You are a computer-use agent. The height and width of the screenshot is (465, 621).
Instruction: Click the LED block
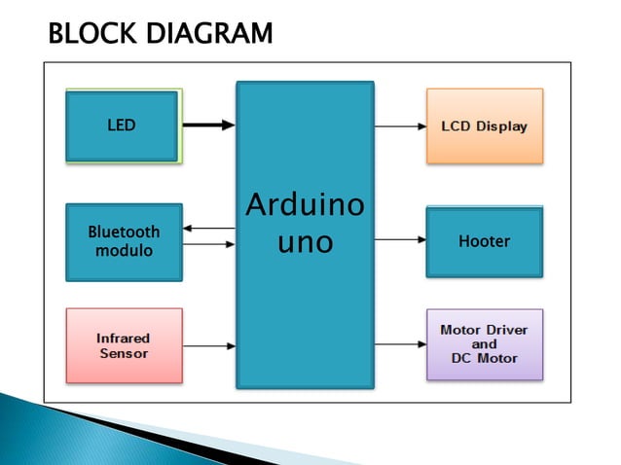[x=123, y=125]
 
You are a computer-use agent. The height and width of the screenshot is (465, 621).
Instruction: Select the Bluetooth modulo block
[x=124, y=241]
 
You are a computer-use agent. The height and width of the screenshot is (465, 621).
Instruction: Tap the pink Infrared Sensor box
[x=124, y=345]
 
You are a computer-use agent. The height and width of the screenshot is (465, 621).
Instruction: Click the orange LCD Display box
[x=484, y=125]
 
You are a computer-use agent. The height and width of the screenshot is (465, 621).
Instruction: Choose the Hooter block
[x=484, y=241]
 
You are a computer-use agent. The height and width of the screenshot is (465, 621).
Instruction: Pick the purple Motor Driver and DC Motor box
[x=484, y=344]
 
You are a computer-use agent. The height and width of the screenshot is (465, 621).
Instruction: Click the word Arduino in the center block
[x=305, y=206]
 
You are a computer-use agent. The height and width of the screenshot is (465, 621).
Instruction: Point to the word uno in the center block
[x=305, y=241]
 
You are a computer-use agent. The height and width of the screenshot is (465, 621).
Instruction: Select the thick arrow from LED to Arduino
[x=208, y=125]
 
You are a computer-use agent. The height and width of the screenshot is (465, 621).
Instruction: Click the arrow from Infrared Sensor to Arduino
[x=208, y=345]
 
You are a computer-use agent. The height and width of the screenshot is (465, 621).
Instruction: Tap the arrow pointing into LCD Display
[x=399, y=126]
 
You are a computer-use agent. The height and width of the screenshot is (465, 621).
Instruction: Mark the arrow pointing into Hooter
[x=399, y=238]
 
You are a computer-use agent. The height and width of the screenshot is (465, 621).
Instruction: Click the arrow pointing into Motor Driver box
[x=399, y=344]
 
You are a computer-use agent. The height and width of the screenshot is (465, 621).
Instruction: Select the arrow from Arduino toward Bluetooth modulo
[x=208, y=229]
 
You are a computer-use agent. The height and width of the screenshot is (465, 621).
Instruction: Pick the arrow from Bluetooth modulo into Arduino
[x=208, y=243]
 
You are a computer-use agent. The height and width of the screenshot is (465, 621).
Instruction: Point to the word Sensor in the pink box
[x=124, y=353]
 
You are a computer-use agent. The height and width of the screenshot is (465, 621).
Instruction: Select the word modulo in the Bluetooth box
[x=124, y=251]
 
